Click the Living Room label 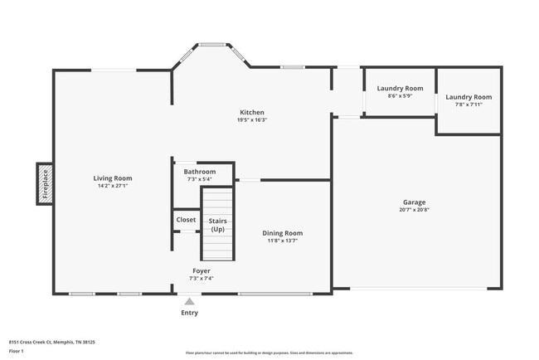coord(112,178)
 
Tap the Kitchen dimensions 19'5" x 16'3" coord(252,119)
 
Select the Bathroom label coord(200,172)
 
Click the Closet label coord(187,220)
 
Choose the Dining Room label coord(282,233)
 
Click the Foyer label coord(202,271)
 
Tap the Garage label coord(415,202)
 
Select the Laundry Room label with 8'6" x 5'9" coord(400,88)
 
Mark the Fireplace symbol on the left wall coord(45,183)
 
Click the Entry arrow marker coord(190,302)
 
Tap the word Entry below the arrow coord(190,313)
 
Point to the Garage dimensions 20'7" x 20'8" coord(415,210)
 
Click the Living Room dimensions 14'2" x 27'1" coord(112,186)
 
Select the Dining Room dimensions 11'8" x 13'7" coord(282,241)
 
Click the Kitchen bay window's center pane coord(211,45)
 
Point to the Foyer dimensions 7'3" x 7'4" coord(202,279)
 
